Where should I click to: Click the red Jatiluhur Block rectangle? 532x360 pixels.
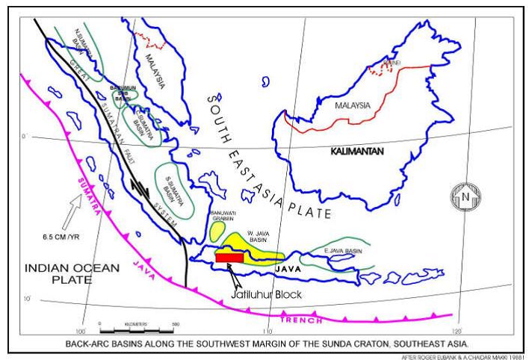coord(229,257)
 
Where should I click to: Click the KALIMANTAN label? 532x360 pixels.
coord(357,151)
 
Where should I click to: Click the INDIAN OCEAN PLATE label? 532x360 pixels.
coord(57,273)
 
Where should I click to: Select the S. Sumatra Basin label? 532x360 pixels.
coord(177,190)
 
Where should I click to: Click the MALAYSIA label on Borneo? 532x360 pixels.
coord(353,105)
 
